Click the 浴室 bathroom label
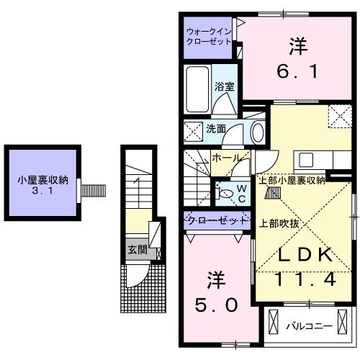(224, 86)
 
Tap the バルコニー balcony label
(309, 325)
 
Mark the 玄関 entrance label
(138, 250)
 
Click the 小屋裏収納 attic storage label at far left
(42, 181)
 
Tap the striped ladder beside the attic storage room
(91, 191)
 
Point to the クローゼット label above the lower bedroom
(215, 219)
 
